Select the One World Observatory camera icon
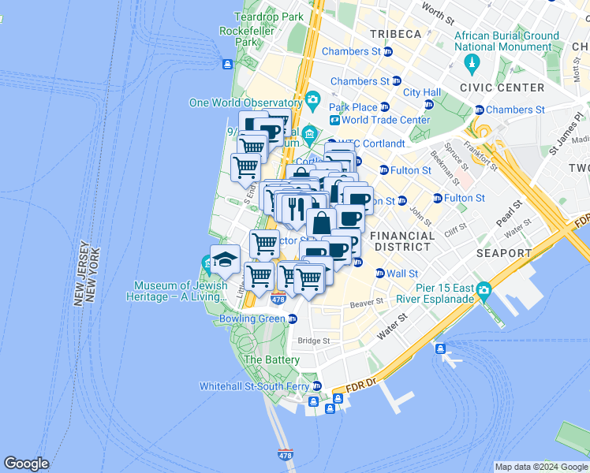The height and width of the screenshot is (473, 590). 313,99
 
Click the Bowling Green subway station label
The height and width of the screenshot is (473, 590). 252,319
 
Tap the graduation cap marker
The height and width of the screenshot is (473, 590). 225,259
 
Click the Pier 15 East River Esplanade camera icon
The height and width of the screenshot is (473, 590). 483,291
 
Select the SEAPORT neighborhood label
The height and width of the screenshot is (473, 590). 503,253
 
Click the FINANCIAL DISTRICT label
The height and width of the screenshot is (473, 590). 402,241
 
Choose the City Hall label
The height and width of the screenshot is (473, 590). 421,92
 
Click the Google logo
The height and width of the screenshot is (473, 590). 26,464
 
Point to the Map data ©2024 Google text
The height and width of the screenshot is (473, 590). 540,467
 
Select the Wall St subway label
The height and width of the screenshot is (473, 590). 401,274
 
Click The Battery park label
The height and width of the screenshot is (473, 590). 271,359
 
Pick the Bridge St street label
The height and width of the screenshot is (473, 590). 314,341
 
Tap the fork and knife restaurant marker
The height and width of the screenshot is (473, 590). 297,208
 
